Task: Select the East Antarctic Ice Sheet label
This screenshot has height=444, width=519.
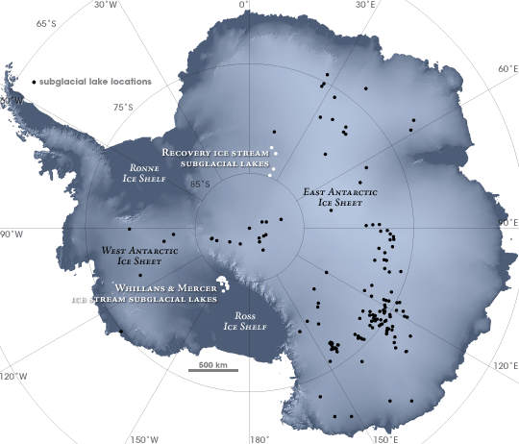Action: coord(340,197)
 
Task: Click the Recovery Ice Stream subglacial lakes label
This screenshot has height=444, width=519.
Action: coord(216,158)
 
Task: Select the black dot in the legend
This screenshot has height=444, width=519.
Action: coord(34,82)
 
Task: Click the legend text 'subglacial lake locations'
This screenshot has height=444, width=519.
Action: coord(95,82)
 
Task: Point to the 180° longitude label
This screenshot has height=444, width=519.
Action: coord(258,439)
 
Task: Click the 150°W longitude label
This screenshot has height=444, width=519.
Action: coord(146,439)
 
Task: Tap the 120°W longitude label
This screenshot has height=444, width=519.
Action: coord(13,375)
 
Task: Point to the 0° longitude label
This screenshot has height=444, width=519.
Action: coord(244,5)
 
